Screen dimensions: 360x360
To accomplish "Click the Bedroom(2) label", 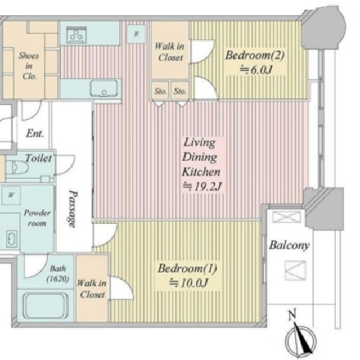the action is click(x=255, y=55).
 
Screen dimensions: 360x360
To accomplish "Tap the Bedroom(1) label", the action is click(x=187, y=269).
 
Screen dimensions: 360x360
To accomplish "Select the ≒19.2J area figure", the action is click(x=202, y=187).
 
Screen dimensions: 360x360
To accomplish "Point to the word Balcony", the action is click(x=289, y=245).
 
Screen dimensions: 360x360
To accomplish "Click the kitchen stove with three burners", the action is click(x=76, y=35).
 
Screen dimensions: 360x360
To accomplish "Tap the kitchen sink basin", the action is click(x=104, y=88).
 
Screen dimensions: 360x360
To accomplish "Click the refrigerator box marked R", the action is click(x=136, y=34).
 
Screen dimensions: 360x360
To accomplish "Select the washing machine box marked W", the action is click(x=11, y=195).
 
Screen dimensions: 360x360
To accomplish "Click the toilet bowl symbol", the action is click(x=17, y=168).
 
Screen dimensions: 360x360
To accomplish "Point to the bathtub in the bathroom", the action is click(x=46, y=305).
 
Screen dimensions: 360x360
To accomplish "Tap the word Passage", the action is click(x=73, y=209).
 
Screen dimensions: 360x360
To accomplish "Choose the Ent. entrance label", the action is click(x=35, y=133).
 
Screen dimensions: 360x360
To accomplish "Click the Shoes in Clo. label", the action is click(x=29, y=66).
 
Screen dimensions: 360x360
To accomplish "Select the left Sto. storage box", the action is click(x=160, y=91).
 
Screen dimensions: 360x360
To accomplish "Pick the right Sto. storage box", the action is click(x=180, y=91).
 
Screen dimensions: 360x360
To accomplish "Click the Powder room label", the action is click(x=37, y=218).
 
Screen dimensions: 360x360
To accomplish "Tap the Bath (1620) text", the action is click(x=57, y=273).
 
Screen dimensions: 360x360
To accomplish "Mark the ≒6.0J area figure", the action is click(x=256, y=69).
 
